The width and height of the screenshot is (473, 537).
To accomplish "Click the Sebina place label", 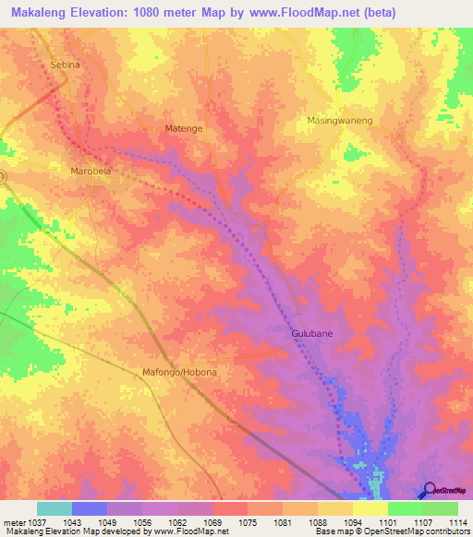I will (x=65, y=66).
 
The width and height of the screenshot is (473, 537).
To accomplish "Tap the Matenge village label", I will (x=183, y=128).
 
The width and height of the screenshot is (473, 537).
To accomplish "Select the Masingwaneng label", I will (x=339, y=121).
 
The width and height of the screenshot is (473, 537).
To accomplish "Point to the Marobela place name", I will (x=91, y=172).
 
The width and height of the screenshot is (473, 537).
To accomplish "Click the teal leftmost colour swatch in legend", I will (x=55, y=508).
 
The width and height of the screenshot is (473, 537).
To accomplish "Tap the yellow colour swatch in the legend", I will (x=370, y=508).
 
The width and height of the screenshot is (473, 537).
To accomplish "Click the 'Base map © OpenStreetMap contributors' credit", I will (x=392, y=532).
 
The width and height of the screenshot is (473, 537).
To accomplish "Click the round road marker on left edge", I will (x=3, y=175).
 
